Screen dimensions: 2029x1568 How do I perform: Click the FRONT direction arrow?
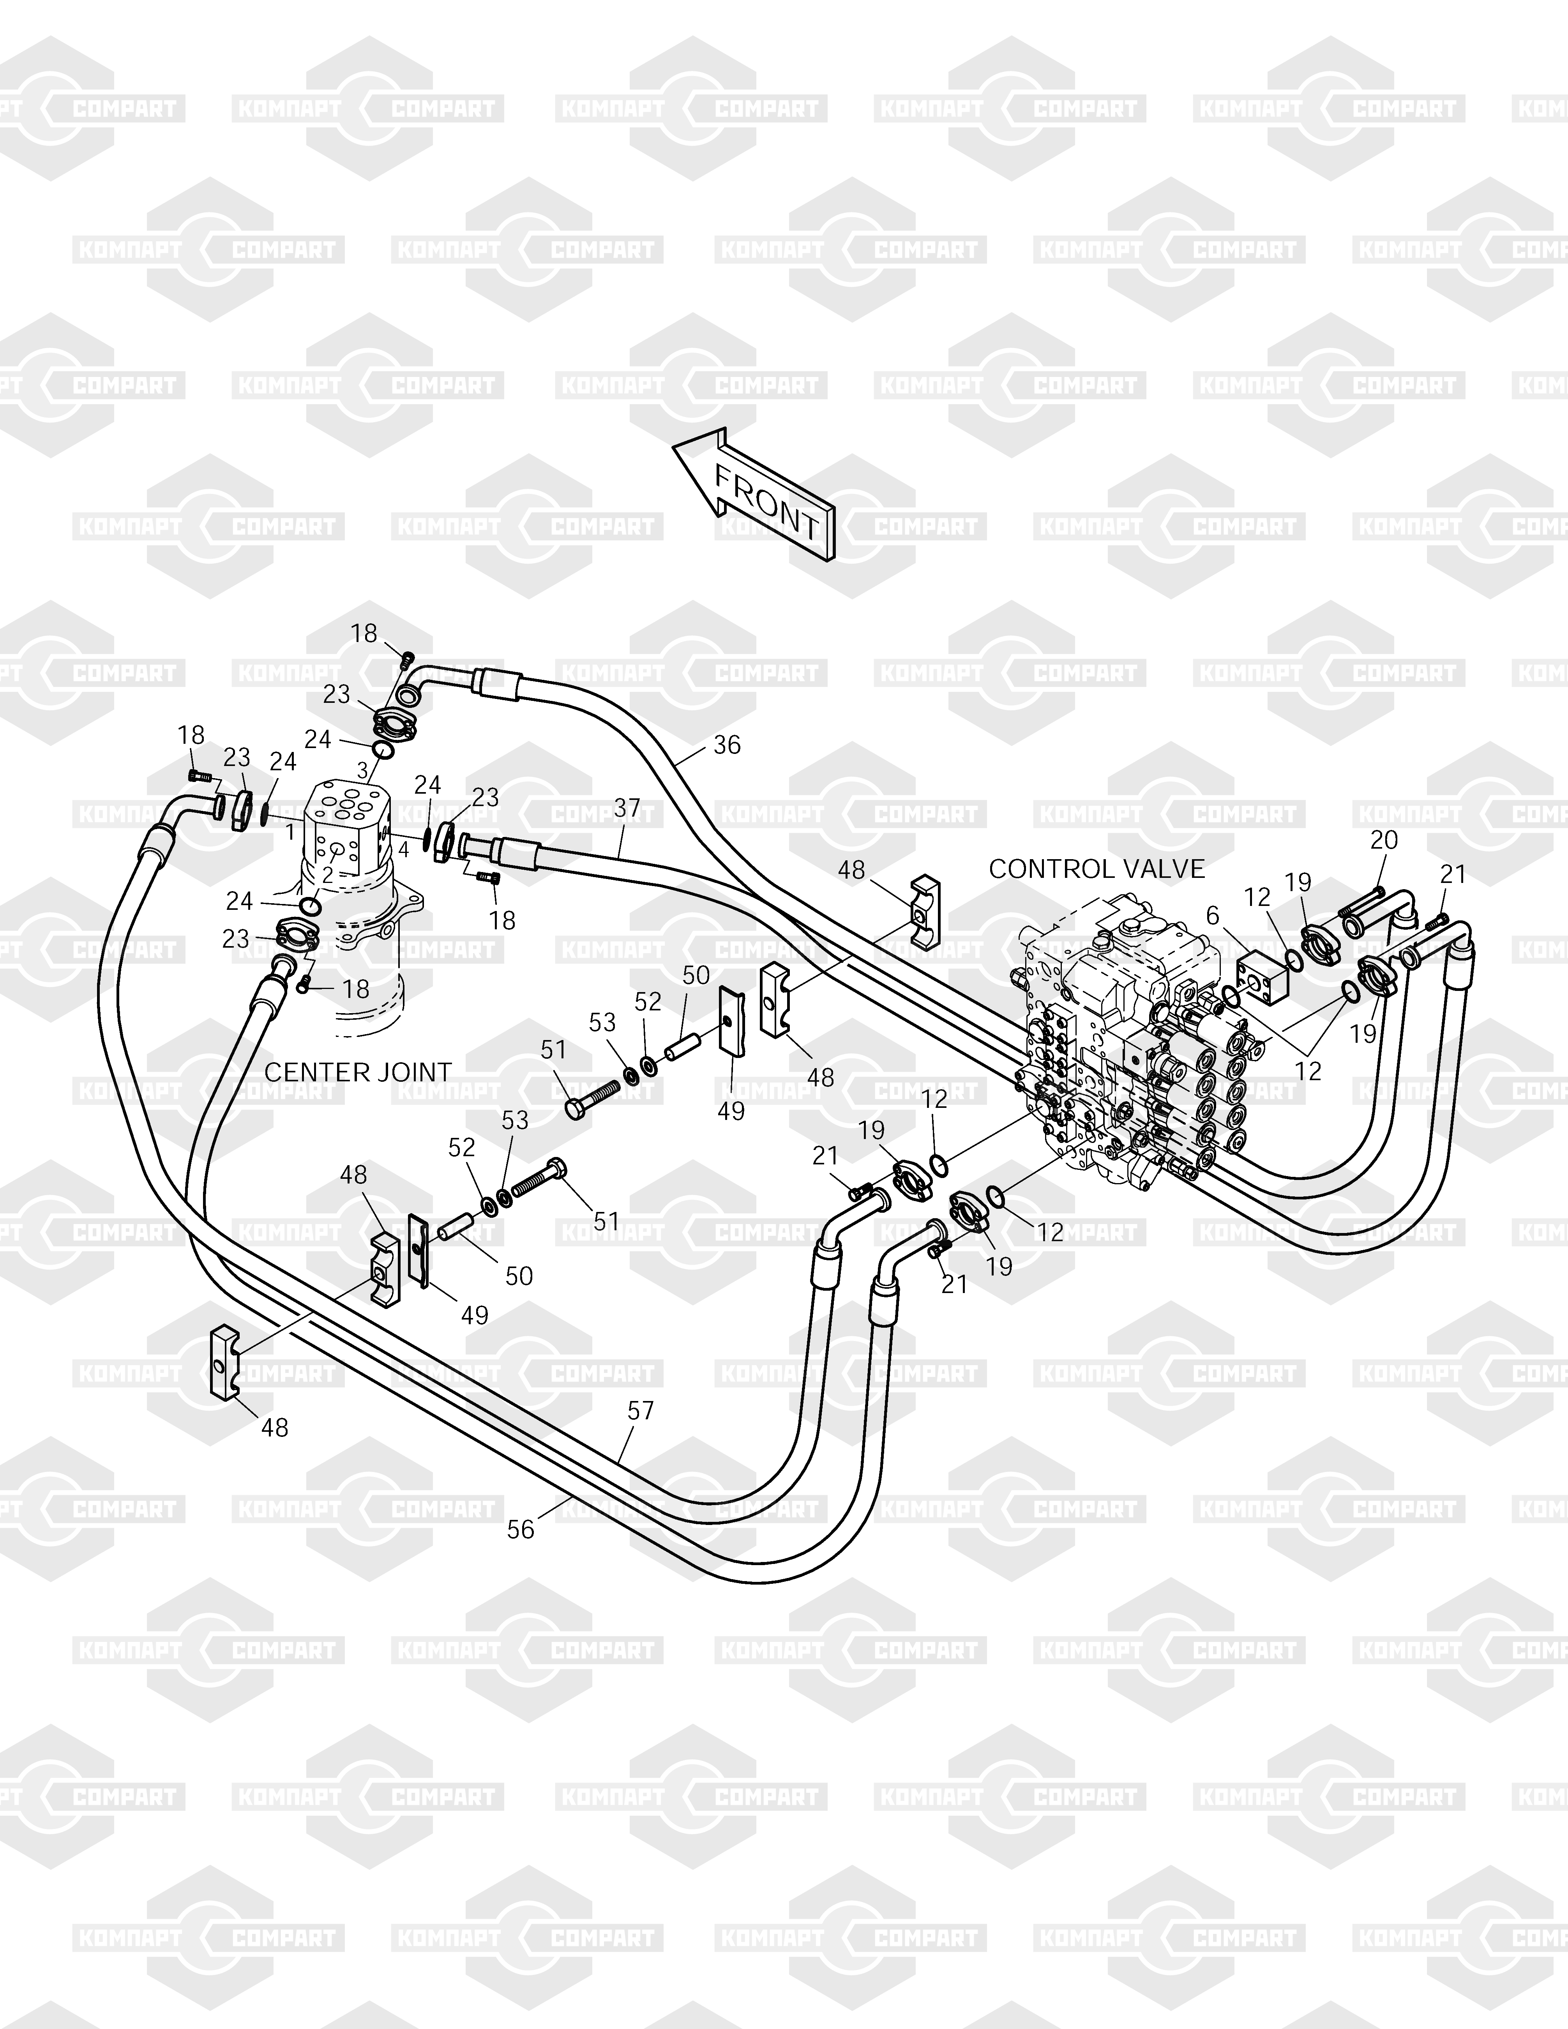[754, 497]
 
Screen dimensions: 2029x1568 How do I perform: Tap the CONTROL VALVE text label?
[1096, 869]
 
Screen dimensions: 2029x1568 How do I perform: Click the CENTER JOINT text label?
[358, 1072]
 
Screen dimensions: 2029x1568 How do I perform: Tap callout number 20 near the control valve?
[1384, 840]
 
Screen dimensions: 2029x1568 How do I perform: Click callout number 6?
[1212, 915]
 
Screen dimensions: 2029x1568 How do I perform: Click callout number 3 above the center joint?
[362, 770]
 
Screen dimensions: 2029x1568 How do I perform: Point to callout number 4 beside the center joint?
[403, 848]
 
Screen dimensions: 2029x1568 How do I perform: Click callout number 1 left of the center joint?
[290, 831]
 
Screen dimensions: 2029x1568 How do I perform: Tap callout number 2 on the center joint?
[327, 874]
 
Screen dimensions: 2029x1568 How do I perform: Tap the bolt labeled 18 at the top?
[406, 660]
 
